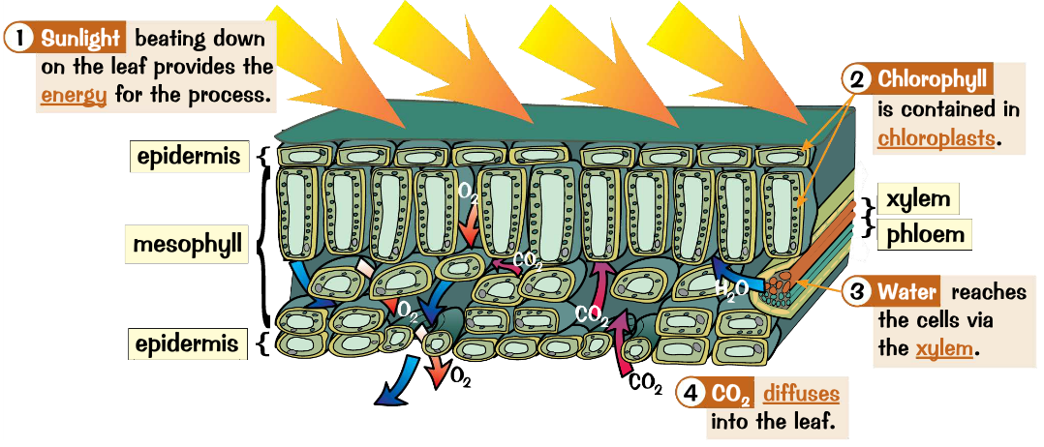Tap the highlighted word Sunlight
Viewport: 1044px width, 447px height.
81,40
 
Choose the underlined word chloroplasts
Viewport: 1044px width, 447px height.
937,138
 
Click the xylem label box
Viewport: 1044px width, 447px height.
915,199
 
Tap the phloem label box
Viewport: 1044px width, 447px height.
923,233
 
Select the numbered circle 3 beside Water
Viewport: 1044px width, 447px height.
856,291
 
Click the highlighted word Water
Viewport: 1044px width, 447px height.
908,291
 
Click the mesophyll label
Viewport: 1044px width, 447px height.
188,245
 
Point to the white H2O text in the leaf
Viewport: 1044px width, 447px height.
732,288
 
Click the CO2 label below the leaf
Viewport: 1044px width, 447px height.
646,385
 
